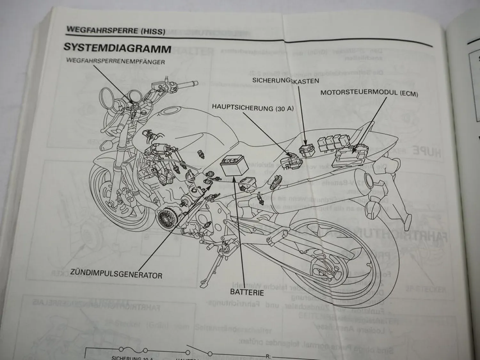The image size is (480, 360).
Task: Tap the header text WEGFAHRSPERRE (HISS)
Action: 116,31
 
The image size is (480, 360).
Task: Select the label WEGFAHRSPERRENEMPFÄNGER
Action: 116,61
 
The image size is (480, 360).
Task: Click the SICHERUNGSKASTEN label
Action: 285,80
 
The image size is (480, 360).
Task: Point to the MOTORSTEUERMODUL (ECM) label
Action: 369,93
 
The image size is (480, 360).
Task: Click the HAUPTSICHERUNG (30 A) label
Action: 253,108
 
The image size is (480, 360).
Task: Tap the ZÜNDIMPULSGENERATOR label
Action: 116,274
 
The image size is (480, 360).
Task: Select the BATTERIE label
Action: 247,292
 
